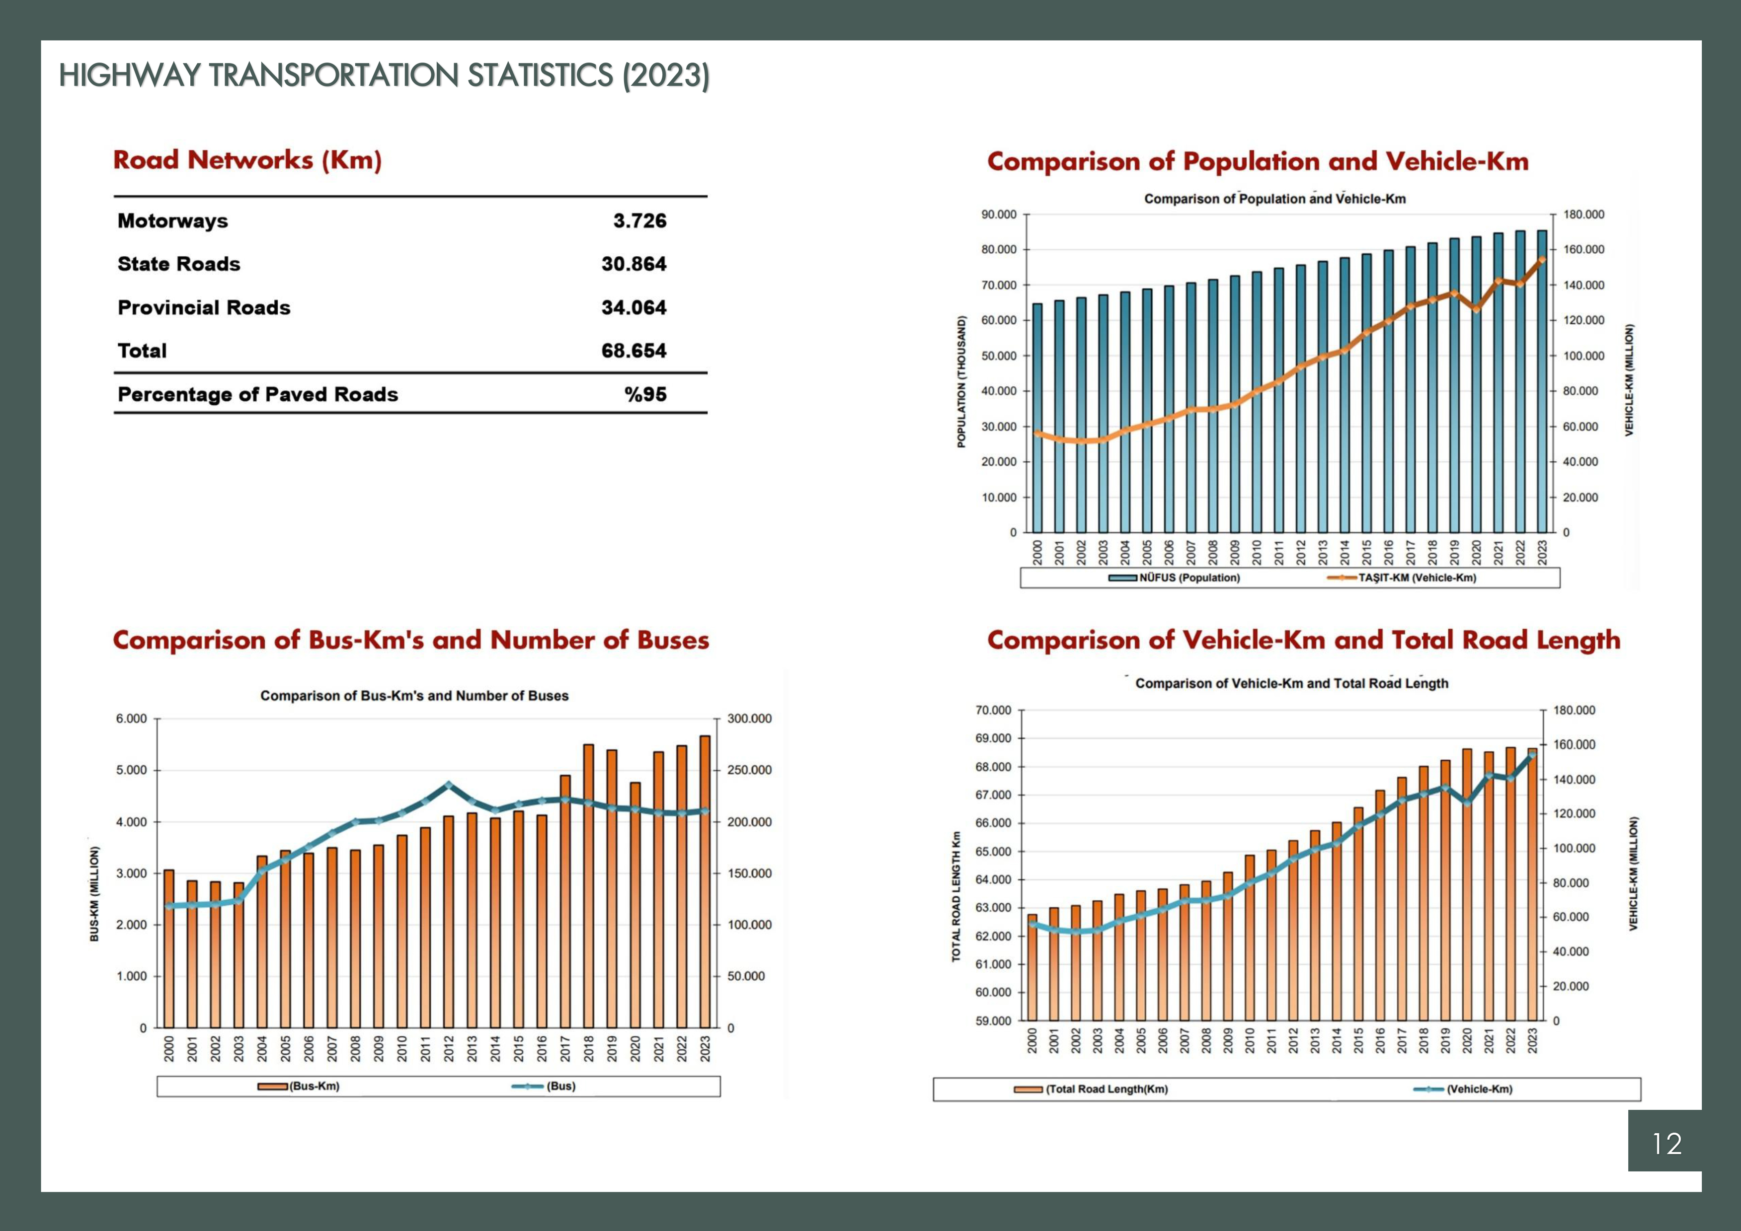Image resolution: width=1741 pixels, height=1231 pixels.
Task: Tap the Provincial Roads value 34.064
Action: [x=634, y=308]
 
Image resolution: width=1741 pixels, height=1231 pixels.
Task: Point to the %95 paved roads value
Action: [x=645, y=394]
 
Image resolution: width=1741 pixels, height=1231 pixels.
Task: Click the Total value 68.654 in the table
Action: [x=634, y=351]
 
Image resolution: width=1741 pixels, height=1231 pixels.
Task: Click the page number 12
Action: [x=1666, y=1144]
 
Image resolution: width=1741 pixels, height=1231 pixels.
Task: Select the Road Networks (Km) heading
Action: [x=247, y=160]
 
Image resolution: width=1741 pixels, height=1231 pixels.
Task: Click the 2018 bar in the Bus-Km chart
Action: [x=588, y=887]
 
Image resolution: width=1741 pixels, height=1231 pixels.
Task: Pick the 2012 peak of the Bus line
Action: [x=448, y=785]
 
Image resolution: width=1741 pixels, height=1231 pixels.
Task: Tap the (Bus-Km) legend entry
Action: [x=300, y=1086]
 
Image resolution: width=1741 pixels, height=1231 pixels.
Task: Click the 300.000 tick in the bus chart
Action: [x=749, y=719]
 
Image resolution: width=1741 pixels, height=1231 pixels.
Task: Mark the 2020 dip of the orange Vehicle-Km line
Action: [x=1476, y=308]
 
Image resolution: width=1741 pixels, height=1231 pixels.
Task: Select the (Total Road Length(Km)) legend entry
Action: [x=1092, y=1089]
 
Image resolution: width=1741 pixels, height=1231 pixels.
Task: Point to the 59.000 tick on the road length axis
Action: [x=993, y=1021]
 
